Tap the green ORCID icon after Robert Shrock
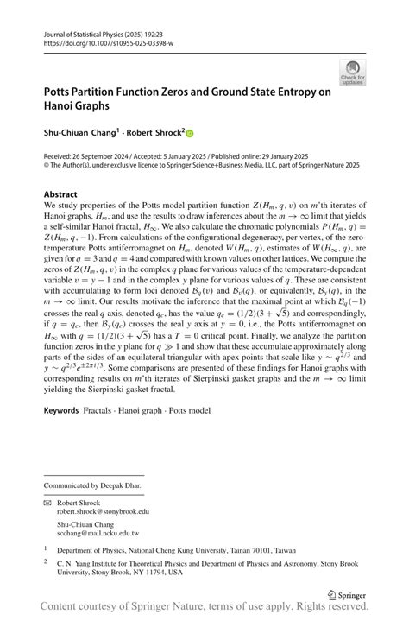point(190,134)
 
